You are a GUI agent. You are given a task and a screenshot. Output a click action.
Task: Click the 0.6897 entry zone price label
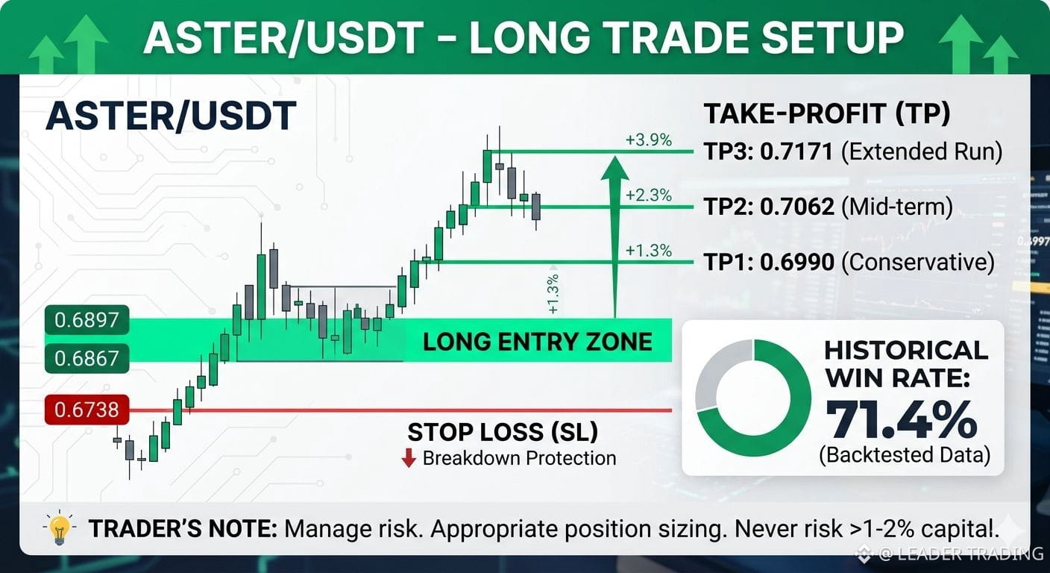tap(87, 320)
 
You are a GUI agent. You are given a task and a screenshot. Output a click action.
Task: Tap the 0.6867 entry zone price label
tap(87, 358)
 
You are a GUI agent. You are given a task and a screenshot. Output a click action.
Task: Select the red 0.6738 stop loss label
tap(87, 410)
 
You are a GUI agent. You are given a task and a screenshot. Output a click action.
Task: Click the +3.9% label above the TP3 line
tap(649, 140)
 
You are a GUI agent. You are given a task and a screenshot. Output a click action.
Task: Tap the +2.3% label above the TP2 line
tap(649, 195)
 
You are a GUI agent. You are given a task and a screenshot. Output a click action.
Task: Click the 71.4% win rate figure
tap(902, 419)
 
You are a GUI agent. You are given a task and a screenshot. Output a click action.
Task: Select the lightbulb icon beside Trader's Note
tap(59, 527)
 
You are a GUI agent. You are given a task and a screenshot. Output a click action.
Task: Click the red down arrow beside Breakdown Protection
tap(409, 458)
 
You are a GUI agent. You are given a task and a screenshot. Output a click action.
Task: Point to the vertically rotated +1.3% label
tap(553, 293)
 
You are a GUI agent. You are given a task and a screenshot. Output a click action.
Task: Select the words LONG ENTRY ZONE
tap(537, 342)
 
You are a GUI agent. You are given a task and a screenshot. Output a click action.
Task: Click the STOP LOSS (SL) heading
tap(503, 432)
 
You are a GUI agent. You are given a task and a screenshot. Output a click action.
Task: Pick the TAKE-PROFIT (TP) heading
tap(827, 114)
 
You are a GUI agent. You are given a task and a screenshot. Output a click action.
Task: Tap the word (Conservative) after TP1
tap(918, 262)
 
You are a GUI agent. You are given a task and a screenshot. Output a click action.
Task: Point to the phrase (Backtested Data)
tap(905, 455)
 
